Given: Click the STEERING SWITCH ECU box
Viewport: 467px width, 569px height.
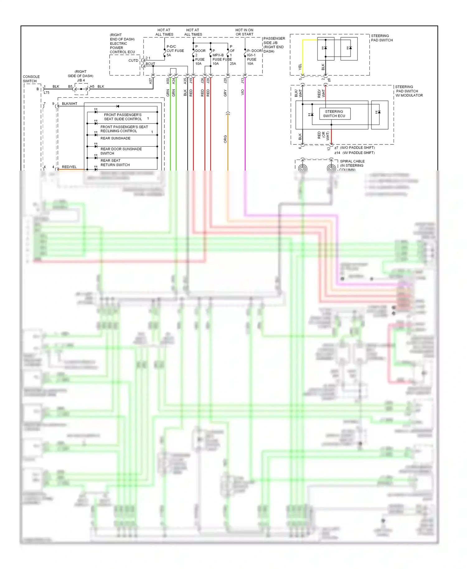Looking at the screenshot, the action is (334, 114).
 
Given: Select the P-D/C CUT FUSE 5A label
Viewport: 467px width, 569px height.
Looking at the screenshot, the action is (175, 51).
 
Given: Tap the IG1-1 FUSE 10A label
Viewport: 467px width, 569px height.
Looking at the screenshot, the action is (252, 59).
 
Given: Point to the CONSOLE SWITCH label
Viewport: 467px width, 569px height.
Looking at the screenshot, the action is (31, 79).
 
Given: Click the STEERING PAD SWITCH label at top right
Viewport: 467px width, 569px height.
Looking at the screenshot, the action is (381, 38).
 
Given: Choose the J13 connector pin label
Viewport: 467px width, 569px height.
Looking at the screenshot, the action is (243, 81).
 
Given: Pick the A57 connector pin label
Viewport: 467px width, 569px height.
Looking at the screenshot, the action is (151, 81).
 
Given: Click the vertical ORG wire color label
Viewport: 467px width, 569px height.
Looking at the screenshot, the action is (225, 139).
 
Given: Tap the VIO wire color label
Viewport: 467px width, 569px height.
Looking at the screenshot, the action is (243, 92).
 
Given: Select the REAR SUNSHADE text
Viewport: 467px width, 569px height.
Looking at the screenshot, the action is (115, 138).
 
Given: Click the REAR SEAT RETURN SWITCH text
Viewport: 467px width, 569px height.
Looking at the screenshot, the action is (115, 163).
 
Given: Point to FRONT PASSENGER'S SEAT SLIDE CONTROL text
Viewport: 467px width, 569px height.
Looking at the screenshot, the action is (123, 117).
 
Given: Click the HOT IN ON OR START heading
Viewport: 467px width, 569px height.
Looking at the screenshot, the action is (244, 32).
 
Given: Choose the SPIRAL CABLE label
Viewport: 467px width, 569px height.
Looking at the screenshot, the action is (352, 161).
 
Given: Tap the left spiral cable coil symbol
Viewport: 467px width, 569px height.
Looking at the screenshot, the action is (303, 168).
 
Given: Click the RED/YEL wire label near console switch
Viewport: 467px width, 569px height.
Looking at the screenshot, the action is (69, 167).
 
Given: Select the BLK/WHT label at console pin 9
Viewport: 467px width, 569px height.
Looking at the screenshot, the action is (69, 104).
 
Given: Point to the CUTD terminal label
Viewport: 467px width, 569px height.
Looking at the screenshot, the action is (133, 61).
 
